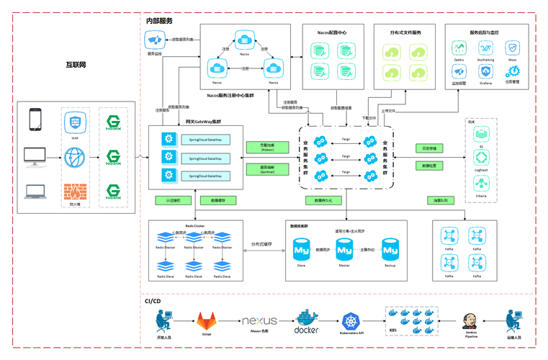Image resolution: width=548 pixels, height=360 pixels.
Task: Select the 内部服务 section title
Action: [159, 21]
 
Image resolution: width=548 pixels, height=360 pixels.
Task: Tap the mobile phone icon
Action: [36, 120]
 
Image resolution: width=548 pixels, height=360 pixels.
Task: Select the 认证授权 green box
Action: [172, 199]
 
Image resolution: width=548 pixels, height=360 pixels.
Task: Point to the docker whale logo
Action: [307, 318]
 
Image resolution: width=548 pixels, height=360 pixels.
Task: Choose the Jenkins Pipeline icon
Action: [471, 320]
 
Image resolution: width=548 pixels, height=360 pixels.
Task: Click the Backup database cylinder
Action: [390, 250]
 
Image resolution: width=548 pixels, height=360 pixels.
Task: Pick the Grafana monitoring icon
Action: [485, 71]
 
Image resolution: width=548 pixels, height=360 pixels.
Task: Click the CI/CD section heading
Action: [152, 301]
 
